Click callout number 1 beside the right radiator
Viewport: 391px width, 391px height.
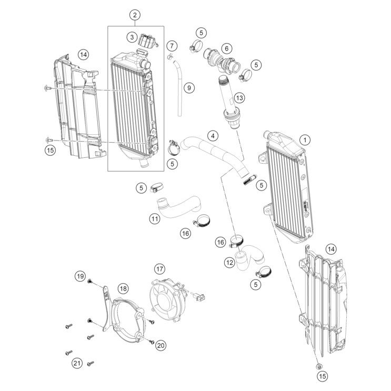306,140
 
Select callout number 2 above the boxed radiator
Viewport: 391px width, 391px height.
135,15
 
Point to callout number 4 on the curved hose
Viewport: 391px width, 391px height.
212,136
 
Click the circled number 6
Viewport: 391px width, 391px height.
227,48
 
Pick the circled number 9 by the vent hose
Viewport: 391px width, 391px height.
189,87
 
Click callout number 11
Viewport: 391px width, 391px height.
154,218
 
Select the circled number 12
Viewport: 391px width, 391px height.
229,262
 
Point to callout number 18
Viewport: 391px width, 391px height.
123,288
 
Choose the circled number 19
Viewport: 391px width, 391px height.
79,276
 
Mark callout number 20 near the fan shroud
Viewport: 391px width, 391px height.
161,345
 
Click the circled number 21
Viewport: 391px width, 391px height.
77,363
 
